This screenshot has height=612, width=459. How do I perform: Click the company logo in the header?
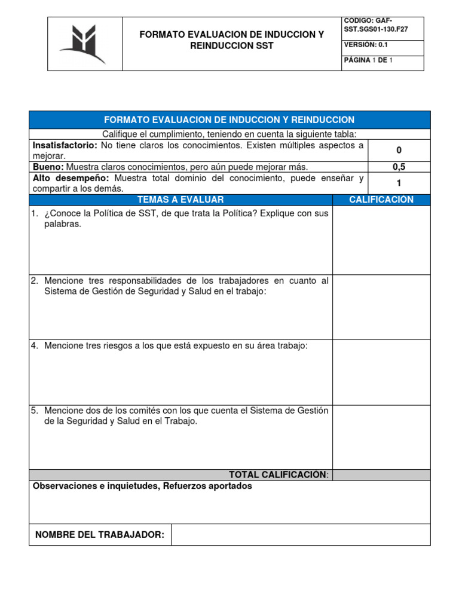[x=85, y=44]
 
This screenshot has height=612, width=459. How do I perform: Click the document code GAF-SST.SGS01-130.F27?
[x=376, y=25]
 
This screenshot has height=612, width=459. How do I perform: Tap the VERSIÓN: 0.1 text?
[x=366, y=44]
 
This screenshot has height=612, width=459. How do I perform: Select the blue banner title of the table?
[x=229, y=120]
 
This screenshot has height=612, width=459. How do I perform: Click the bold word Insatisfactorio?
[x=65, y=145]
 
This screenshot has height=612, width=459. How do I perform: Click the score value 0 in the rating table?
[x=399, y=151]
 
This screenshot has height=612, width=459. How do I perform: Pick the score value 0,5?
[x=399, y=167]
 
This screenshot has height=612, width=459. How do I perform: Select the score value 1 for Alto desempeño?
[x=399, y=183]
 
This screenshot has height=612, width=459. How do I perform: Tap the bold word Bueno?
[x=48, y=167]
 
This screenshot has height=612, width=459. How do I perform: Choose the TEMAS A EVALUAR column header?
[x=180, y=200]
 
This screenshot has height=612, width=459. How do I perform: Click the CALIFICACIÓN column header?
[x=381, y=200]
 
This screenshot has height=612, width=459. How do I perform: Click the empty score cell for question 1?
[x=381, y=240]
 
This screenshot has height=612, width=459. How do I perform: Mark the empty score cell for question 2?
[x=381, y=307]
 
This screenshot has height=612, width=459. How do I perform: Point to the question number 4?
[x=35, y=346]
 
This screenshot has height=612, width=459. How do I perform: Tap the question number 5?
[x=35, y=411]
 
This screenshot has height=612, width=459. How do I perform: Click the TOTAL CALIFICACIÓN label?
[x=278, y=475]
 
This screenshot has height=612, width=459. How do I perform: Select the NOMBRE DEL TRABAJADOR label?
[x=100, y=534]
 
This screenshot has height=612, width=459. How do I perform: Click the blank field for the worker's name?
[x=300, y=534]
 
